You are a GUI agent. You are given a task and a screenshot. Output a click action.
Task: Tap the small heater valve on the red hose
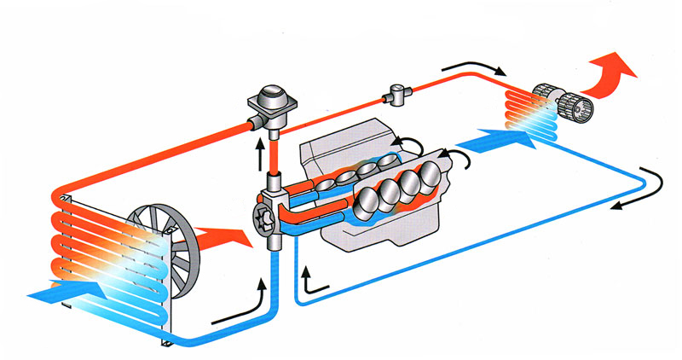click(397, 94)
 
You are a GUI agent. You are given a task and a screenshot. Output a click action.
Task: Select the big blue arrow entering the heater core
click(498, 136)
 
